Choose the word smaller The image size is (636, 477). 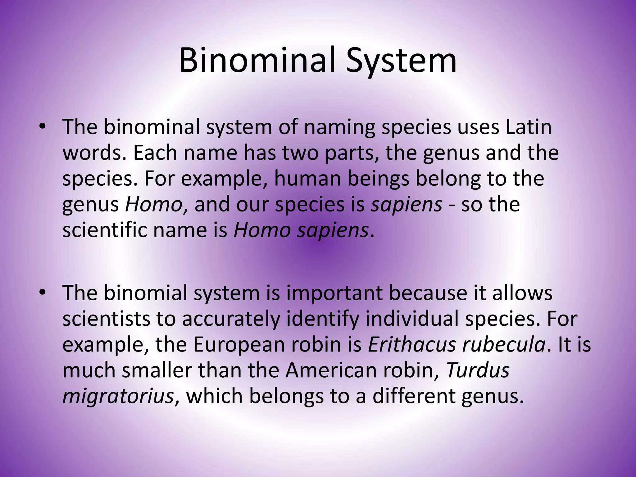click(x=157, y=370)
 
